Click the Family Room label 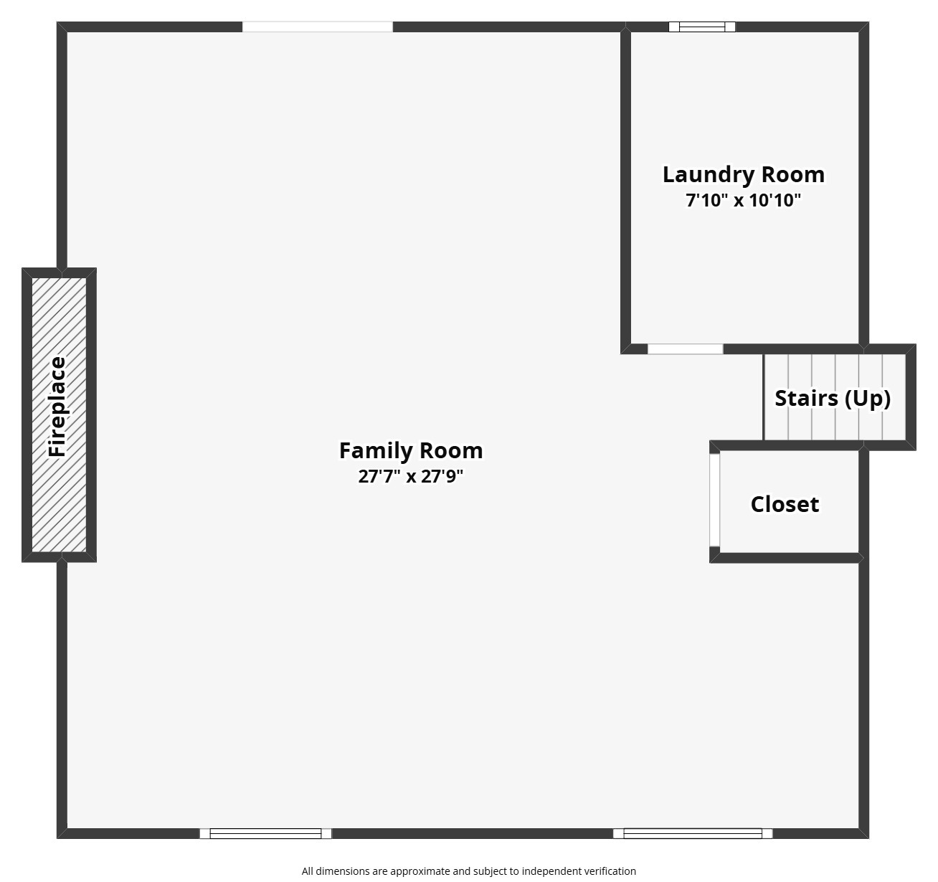(411, 450)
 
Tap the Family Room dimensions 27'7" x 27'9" (411, 476)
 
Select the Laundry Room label (743, 174)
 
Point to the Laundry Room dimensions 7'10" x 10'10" (743, 200)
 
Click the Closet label (785, 504)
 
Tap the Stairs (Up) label (833, 398)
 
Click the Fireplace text (57, 407)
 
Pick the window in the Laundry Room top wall (702, 27)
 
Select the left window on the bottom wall (265, 833)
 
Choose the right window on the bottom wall (693, 833)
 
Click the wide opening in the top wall (317, 27)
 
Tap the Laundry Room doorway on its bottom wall (685, 349)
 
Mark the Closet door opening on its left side (714, 499)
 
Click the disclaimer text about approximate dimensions (468, 871)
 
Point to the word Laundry (708, 174)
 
